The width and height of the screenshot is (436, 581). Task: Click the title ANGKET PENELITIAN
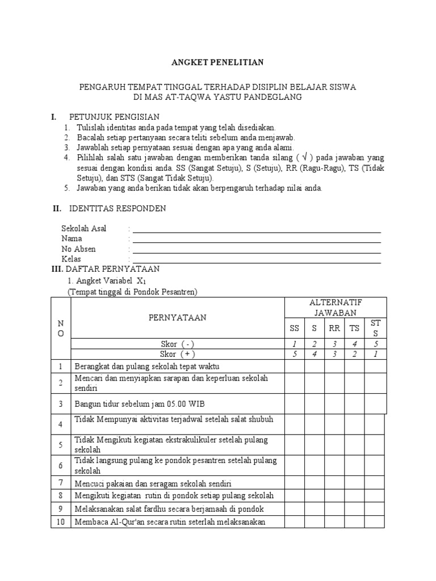tap(218, 62)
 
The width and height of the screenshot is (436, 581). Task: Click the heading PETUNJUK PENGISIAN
tap(114, 117)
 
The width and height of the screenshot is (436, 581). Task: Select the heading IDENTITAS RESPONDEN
tap(118, 208)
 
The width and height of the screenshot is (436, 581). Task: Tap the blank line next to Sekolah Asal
tap(257, 229)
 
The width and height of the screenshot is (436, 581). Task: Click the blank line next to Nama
tap(257, 239)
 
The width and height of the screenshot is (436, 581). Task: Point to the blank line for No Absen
tap(257, 250)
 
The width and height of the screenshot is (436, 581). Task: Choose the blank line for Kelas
tap(257, 260)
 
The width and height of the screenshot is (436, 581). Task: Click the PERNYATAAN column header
tap(177, 318)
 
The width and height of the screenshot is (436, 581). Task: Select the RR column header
tap(334, 328)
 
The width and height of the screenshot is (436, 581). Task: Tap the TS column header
tap(354, 328)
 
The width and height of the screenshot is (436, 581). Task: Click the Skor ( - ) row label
tap(177, 344)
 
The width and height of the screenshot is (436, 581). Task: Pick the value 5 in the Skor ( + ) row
tap(294, 354)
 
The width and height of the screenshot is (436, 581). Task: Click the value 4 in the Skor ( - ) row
tap(354, 344)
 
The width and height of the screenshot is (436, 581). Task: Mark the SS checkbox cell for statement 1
tap(294, 366)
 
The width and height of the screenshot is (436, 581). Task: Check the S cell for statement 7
tap(314, 483)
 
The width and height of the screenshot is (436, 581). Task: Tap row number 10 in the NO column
tap(60, 522)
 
